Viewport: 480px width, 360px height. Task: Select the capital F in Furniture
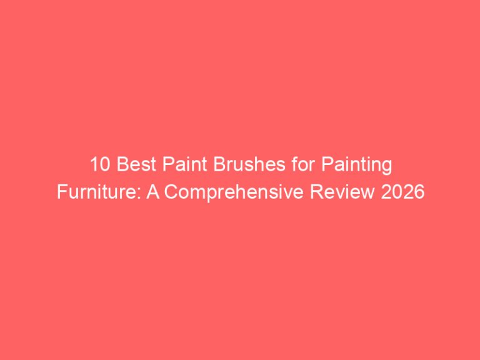(60, 192)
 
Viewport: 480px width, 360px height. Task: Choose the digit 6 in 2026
(418, 192)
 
